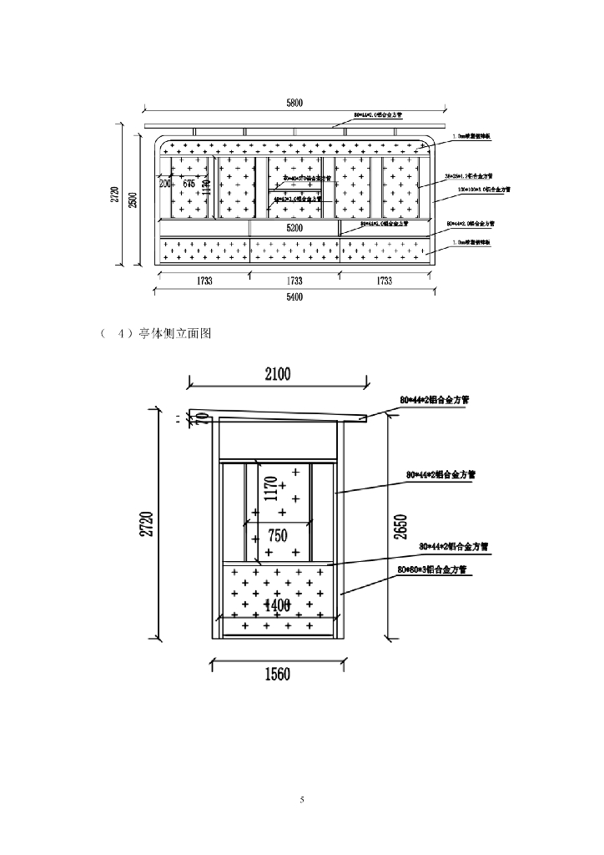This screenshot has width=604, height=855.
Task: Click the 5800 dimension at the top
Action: [294, 103]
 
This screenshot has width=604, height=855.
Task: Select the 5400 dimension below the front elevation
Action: [294, 296]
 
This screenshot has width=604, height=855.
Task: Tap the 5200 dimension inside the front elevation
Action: [294, 227]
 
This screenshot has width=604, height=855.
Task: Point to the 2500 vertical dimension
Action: [131, 195]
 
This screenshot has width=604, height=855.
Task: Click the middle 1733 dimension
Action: [294, 281]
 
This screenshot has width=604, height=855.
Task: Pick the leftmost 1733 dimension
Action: [204, 281]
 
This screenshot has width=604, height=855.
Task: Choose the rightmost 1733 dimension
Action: [384, 281]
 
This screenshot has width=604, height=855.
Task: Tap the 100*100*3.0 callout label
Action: [484, 190]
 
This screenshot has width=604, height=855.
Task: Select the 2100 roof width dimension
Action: [278, 375]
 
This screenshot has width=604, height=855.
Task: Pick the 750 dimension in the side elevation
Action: [278, 536]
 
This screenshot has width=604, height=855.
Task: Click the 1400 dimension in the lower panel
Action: [278, 605]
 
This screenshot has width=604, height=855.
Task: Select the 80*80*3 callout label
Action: [432, 569]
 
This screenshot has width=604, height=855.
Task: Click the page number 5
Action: [302, 801]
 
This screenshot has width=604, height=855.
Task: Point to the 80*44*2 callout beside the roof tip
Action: [434, 400]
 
